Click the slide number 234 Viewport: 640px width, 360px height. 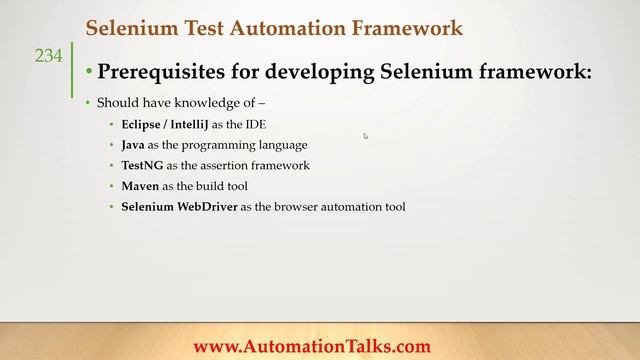point(48,57)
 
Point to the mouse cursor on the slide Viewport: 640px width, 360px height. point(365,136)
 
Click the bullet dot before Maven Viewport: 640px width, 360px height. point(112,187)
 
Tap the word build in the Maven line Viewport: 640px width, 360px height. point(222,186)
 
